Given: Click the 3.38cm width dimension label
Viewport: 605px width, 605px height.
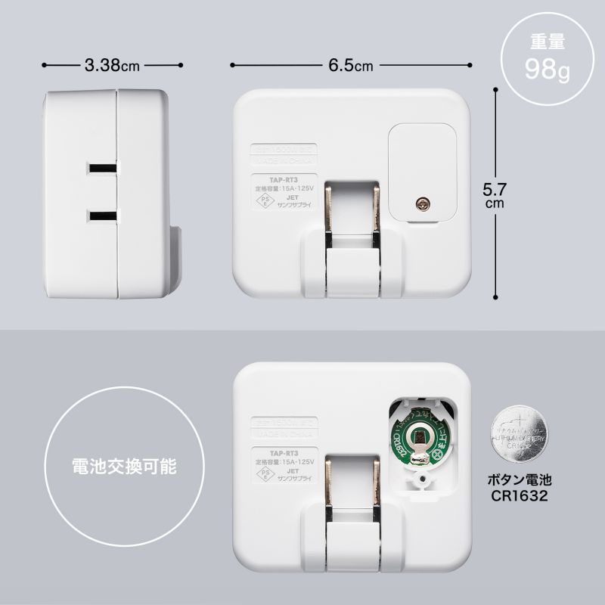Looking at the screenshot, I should pos(112,65).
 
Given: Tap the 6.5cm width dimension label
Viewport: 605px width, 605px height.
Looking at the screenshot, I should pos(351,65).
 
